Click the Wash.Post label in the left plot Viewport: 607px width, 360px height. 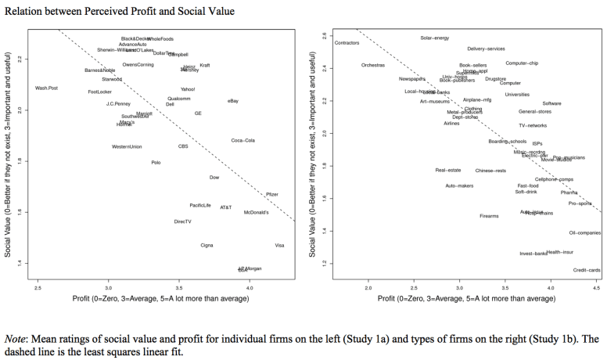(46, 88)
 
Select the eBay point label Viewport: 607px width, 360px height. (232, 101)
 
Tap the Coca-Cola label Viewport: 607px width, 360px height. (243, 140)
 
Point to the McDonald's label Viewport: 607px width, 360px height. (257, 212)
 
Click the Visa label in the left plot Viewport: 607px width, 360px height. (279, 245)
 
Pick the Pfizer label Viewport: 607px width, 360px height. (271, 194)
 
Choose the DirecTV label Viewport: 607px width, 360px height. (182, 221)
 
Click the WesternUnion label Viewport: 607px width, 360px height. (127, 146)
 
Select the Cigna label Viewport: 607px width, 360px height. (207, 245)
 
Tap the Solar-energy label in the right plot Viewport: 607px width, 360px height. (434, 38)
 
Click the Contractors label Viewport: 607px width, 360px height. (347, 43)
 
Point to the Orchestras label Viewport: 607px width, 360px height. (373, 65)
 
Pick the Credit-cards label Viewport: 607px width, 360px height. (587, 270)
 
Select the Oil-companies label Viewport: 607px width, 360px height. (584, 232)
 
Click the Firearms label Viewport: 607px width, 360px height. (489, 216)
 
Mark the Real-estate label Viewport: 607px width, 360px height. (448, 170)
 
